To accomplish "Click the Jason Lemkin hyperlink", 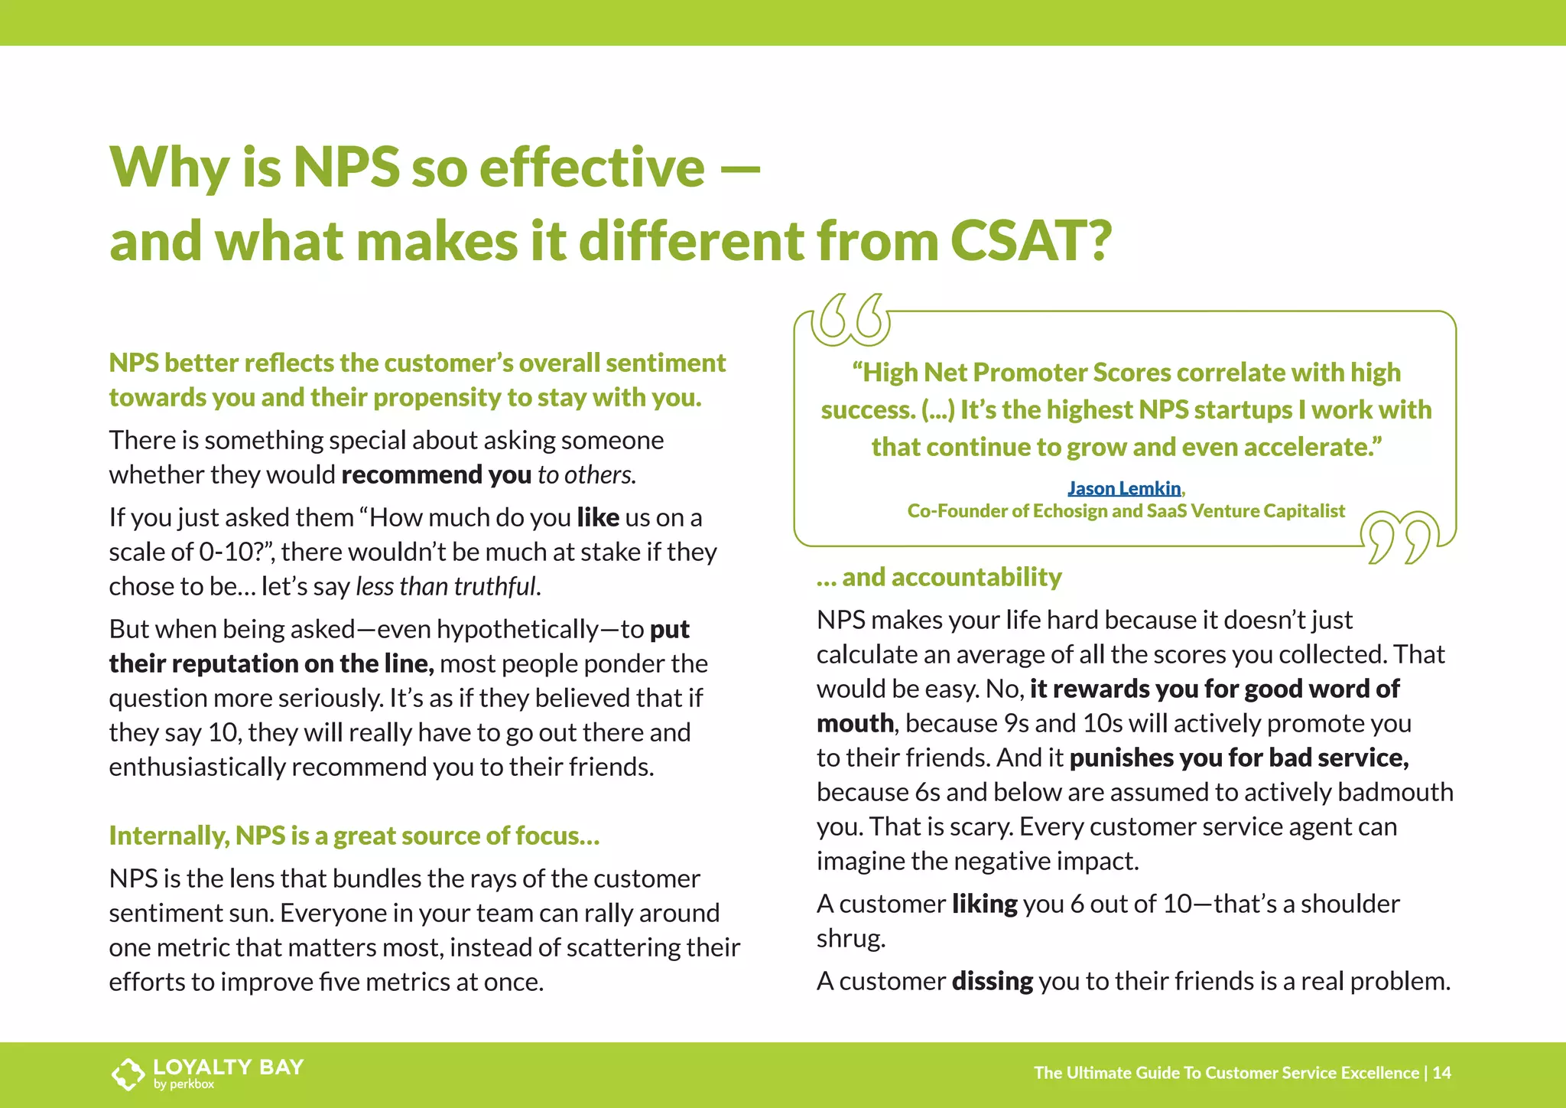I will click(1124, 488).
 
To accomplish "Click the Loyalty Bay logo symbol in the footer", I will click(128, 1074).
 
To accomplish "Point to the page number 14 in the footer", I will click(1442, 1073).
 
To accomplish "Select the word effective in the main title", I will click(592, 167).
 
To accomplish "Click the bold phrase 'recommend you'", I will click(436, 475).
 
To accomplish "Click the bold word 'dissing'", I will click(992, 981).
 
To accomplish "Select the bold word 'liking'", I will click(984, 904).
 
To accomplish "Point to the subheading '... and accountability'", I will click(939, 577).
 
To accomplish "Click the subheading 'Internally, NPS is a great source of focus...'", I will click(354, 836).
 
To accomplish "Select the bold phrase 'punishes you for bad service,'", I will click(1239, 758).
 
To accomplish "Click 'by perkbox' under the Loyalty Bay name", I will click(184, 1084).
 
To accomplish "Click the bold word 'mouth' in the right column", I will click(855, 723).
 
